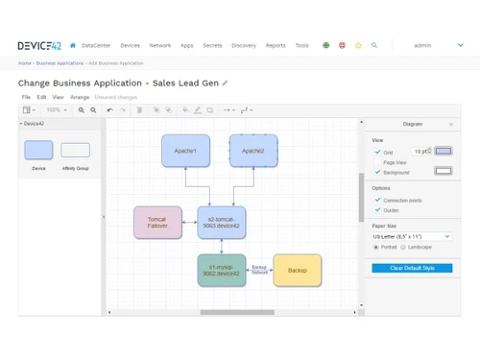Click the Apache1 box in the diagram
(x=185, y=151)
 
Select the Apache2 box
(x=253, y=151)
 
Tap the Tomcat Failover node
(x=157, y=223)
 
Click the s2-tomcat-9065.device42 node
(x=222, y=223)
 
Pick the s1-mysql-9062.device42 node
(x=222, y=271)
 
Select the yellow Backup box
(x=298, y=271)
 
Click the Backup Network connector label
(x=259, y=270)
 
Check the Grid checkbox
(x=377, y=152)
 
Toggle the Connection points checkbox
(x=377, y=200)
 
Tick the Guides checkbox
(x=377, y=210)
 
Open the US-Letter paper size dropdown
(x=411, y=236)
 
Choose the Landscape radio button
(x=403, y=247)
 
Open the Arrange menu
(x=80, y=97)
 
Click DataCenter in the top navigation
(x=96, y=45)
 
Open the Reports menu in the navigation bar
(x=276, y=45)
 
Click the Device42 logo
(x=38, y=45)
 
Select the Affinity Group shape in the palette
(x=75, y=151)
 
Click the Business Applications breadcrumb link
(x=60, y=63)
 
